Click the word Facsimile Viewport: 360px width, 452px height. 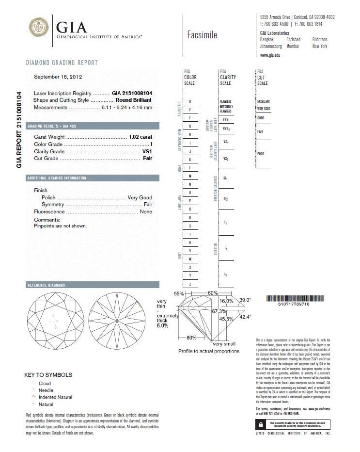(x=202, y=35)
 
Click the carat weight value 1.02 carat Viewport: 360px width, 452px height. (x=141, y=137)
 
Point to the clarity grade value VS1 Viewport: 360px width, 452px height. (x=147, y=151)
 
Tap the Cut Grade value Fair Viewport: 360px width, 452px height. (x=147, y=159)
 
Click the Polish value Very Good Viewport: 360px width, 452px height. (x=140, y=197)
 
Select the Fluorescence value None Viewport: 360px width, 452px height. (x=146, y=212)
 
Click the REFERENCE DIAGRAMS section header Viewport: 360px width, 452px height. (x=47, y=285)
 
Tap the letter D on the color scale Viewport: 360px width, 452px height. (x=190, y=101)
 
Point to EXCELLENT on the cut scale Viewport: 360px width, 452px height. (x=263, y=101)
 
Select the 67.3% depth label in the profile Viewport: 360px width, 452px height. (x=219, y=311)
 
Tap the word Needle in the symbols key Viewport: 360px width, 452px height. (x=46, y=390)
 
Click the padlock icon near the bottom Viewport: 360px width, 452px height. (x=262, y=424)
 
